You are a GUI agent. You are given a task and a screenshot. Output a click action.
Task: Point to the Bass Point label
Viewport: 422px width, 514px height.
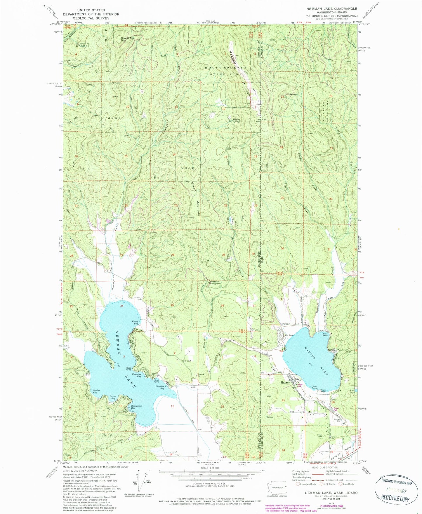(129, 369)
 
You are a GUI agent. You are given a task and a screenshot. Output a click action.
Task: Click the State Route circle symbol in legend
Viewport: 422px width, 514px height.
(341, 484)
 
